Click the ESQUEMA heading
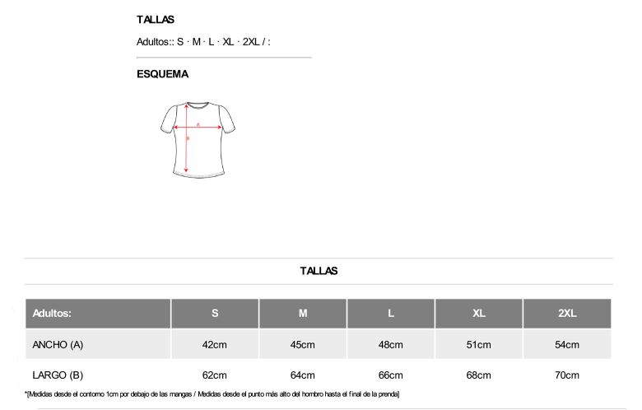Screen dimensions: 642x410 click(162, 74)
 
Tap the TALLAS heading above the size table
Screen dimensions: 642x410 click(319, 271)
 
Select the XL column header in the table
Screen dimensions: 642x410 click(479, 314)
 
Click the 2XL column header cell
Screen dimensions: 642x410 click(567, 314)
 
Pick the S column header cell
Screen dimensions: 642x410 click(215, 314)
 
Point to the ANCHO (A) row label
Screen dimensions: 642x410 click(58, 344)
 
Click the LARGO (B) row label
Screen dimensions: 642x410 click(58, 375)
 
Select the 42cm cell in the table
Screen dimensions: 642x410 click(215, 344)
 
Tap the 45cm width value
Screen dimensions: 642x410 click(303, 344)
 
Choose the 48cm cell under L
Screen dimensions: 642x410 click(391, 344)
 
